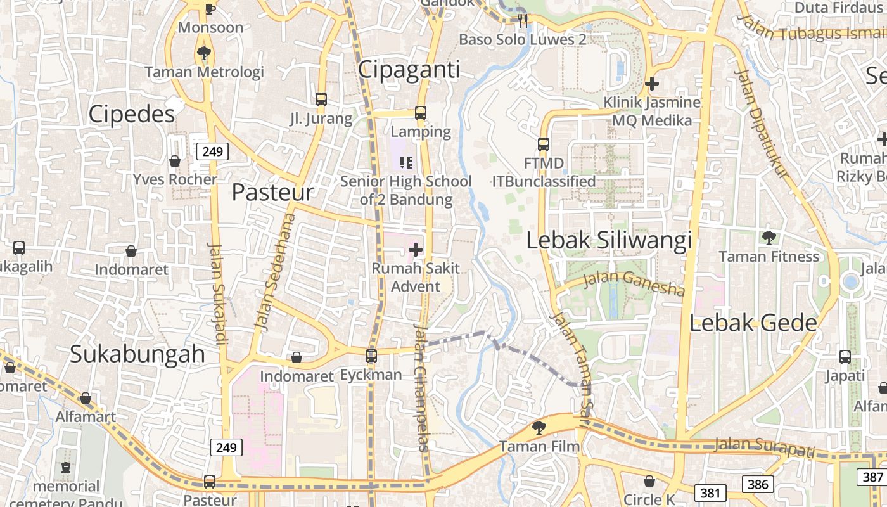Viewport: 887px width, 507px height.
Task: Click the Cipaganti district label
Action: tap(409, 70)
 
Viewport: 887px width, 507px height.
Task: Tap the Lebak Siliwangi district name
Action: tap(609, 241)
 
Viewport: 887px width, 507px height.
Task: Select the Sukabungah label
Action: tap(137, 354)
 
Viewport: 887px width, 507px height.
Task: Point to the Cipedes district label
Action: tap(132, 114)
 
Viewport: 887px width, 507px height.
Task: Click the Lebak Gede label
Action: tap(753, 323)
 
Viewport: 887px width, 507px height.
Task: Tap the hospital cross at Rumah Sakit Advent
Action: tap(415, 250)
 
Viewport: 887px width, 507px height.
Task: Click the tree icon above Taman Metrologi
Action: tap(203, 53)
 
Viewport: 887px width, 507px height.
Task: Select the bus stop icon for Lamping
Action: tap(421, 113)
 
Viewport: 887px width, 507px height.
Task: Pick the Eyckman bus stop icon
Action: tap(371, 356)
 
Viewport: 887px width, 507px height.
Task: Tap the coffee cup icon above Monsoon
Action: tap(210, 8)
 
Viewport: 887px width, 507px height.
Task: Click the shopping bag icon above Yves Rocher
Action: tap(175, 161)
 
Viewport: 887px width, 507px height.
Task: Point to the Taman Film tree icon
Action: tap(539, 428)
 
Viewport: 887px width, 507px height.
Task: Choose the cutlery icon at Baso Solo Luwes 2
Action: tap(522, 20)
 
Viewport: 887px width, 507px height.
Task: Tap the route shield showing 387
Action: tap(872, 477)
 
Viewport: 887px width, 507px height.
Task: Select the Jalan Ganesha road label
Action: tap(634, 283)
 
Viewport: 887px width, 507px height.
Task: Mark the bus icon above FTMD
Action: tap(544, 144)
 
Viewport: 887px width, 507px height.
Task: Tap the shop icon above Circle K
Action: tap(649, 481)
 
